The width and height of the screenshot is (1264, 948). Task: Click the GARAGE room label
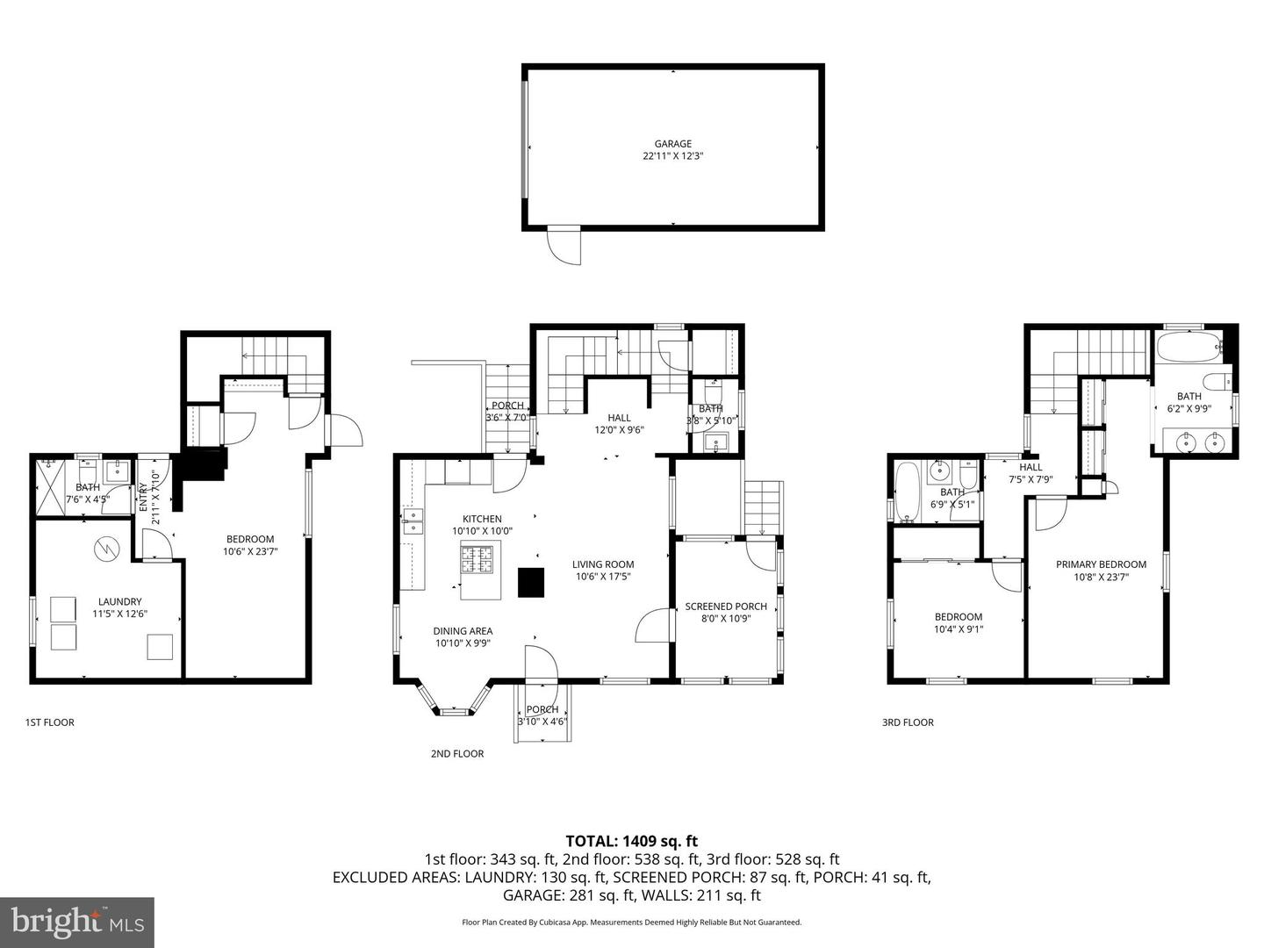point(672,144)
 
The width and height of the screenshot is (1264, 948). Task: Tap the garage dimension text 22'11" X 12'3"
point(672,156)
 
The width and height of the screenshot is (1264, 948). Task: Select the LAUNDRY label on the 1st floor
point(119,601)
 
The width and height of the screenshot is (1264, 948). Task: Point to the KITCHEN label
point(482,519)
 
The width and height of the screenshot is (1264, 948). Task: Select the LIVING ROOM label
point(603,564)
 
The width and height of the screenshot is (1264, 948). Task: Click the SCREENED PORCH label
point(726,607)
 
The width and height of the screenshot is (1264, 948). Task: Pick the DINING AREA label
point(463,630)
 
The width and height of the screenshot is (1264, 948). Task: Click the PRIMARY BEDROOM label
point(1101,564)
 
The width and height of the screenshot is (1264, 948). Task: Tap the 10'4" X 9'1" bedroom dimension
point(958,628)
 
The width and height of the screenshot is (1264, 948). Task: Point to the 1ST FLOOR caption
point(49,722)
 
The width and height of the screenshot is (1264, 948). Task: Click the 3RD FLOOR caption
point(908,722)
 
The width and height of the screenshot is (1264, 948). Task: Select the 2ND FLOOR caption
point(456,753)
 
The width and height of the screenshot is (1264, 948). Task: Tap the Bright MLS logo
point(77,922)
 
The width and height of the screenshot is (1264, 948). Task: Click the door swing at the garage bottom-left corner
point(564,245)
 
